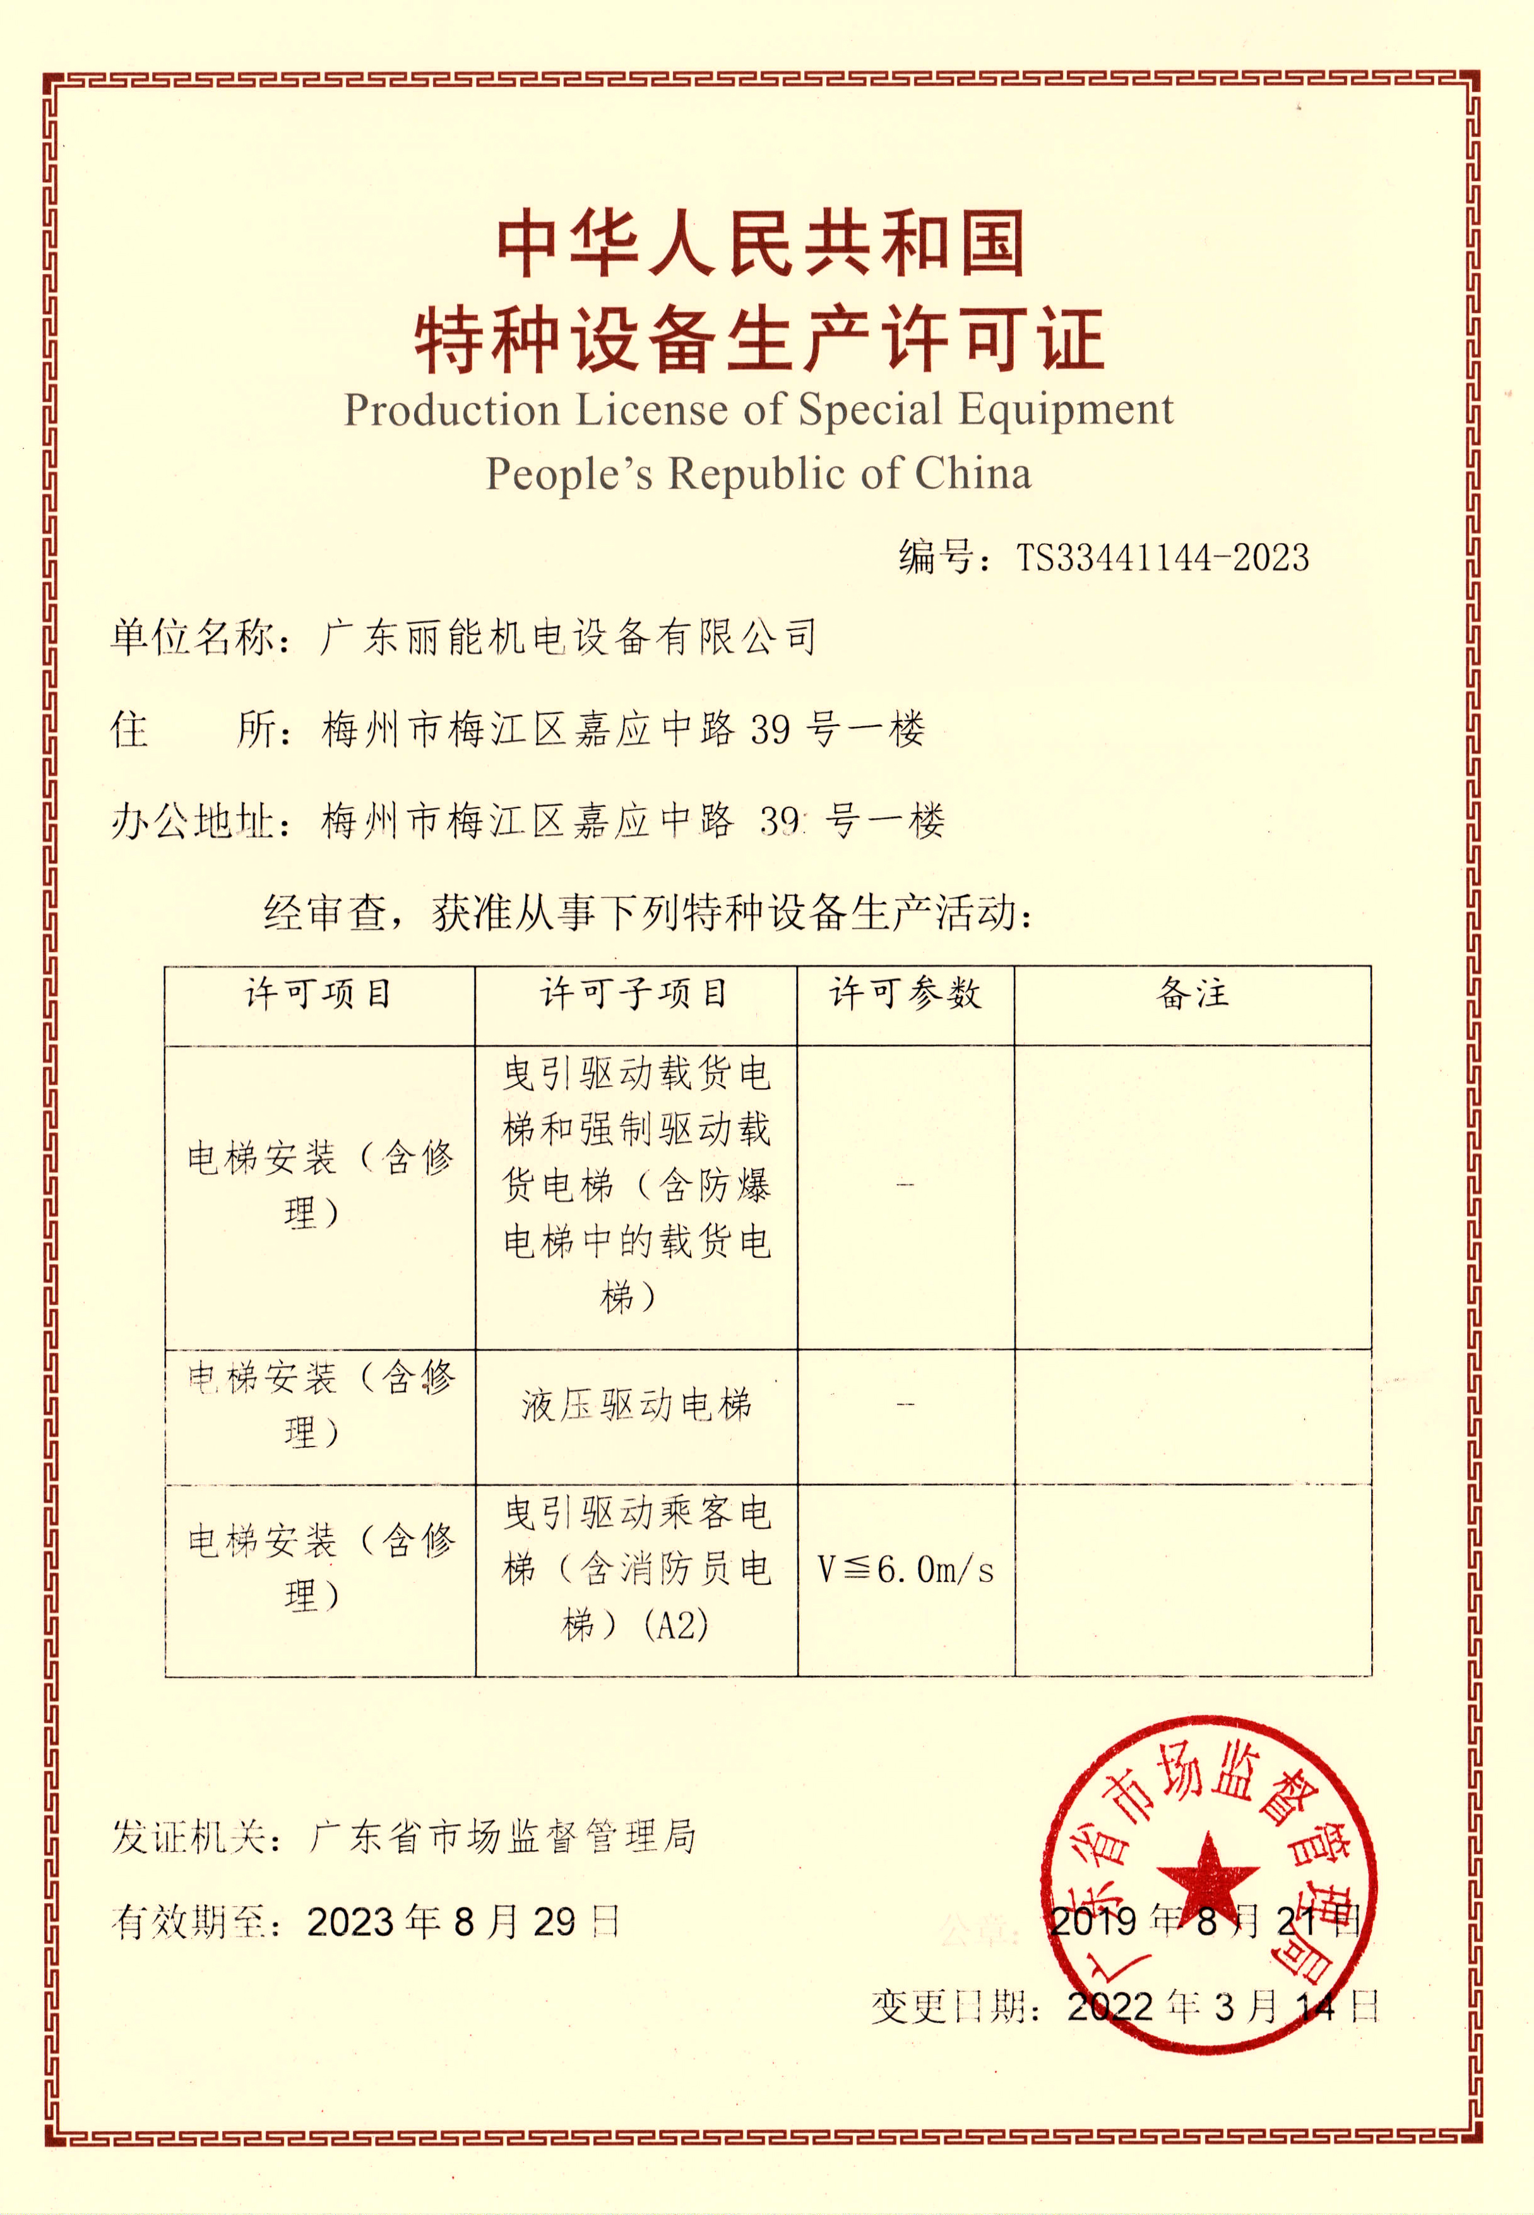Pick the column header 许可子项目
(x=634, y=994)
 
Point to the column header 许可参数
(x=905, y=994)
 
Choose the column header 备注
(x=1192, y=994)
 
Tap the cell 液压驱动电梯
(x=636, y=1406)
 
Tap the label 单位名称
(x=193, y=637)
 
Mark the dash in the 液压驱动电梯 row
(x=905, y=1406)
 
